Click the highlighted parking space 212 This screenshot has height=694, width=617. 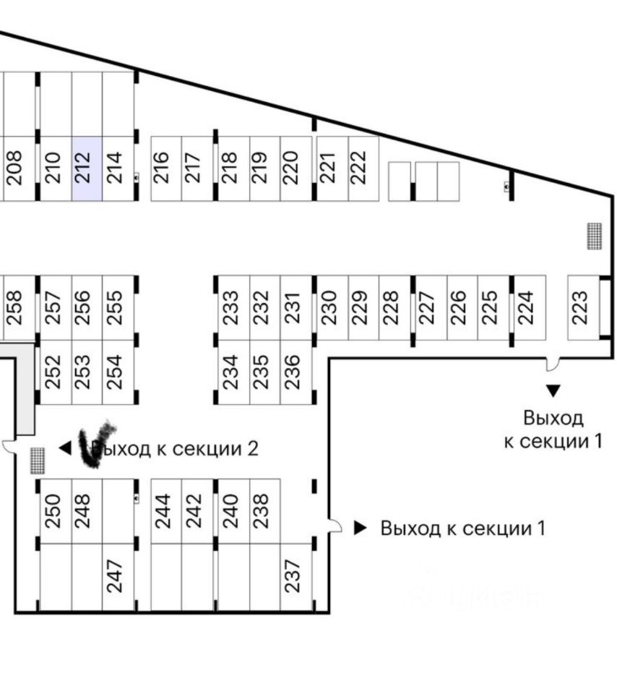pos(87,168)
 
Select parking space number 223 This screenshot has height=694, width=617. pos(583,307)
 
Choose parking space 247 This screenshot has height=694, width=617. pos(118,576)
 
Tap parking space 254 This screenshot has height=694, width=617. pos(118,372)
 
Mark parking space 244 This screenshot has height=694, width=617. pos(165,510)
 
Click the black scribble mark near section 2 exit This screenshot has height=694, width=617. pos(96,442)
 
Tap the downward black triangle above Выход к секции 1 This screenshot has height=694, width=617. pos(553,391)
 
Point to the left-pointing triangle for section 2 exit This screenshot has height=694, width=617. pos(65,449)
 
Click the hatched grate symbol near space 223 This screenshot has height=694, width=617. pos(594,236)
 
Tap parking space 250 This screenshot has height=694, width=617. pos(55,510)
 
